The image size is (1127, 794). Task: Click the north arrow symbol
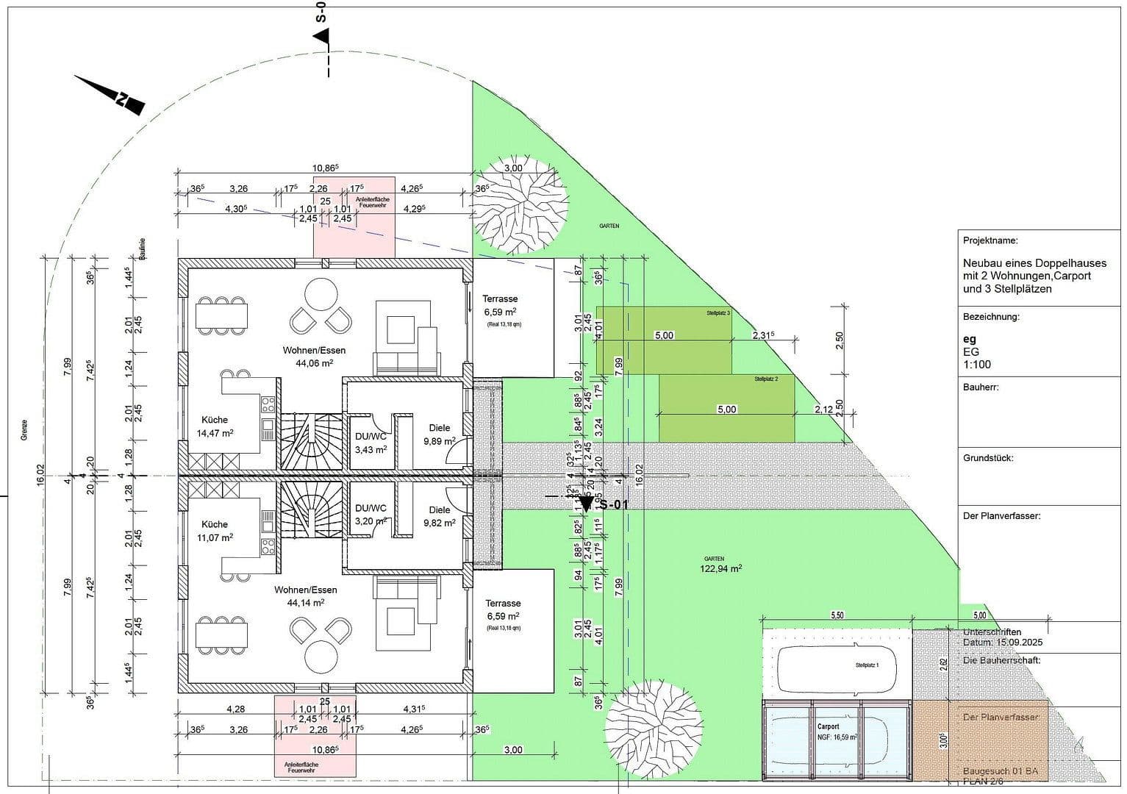pyautogui.click(x=110, y=93)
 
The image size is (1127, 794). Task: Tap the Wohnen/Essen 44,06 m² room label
pyautogui.click(x=314, y=357)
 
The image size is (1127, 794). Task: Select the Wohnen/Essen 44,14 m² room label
pyautogui.click(x=305, y=595)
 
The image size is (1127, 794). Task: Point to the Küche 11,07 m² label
pyautogui.click(x=215, y=531)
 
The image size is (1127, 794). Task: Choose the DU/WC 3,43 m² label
pyautogui.click(x=371, y=443)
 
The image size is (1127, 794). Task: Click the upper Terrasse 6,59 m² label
pyautogui.click(x=500, y=306)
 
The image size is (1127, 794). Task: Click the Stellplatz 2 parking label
pyautogui.click(x=765, y=379)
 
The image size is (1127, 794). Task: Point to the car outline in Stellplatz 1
pyautogui.click(x=837, y=668)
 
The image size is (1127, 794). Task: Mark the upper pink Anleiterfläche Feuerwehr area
pyautogui.click(x=354, y=217)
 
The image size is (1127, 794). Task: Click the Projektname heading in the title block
pyautogui.click(x=990, y=240)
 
